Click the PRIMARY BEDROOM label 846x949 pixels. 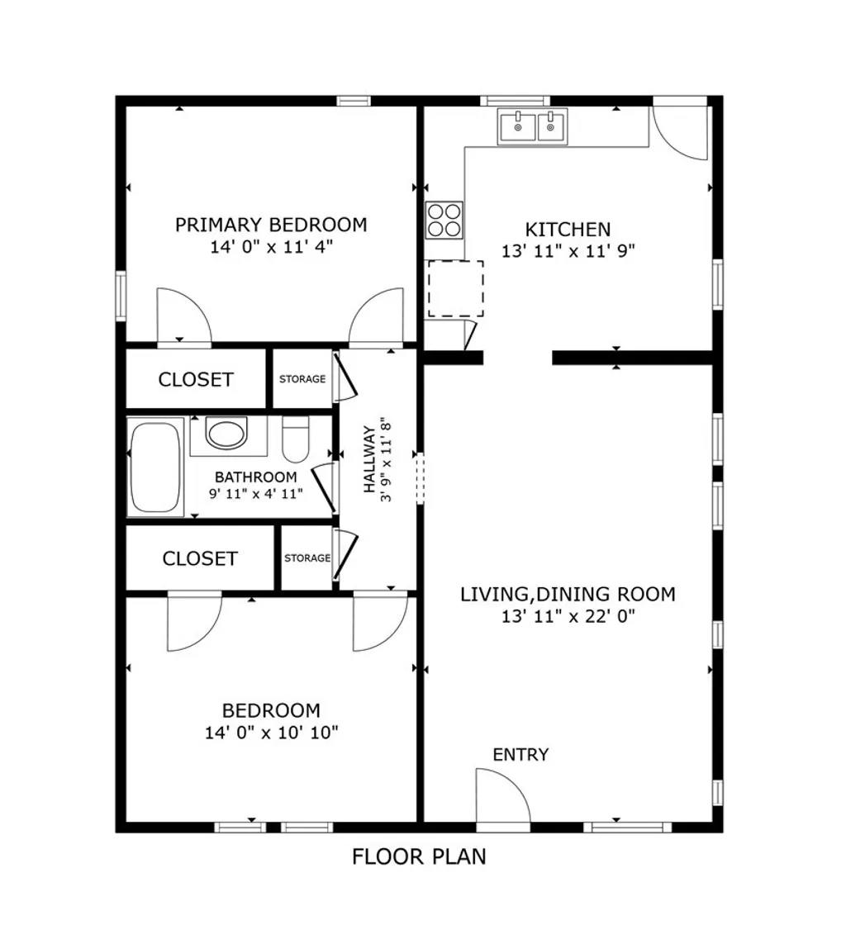click(x=271, y=224)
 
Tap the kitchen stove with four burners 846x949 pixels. click(x=444, y=220)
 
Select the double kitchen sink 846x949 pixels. click(x=532, y=127)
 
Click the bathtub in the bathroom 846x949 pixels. click(x=155, y=467)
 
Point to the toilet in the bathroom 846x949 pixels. click(x=295, y=440)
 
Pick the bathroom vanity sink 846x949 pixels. click(x=226, y=434)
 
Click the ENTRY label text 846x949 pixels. click(x=520, y=754)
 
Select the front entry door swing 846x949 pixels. click(x=501, y=796)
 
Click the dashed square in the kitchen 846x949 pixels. click(x=455, y=289)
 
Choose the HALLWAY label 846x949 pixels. click(x=368, y=458)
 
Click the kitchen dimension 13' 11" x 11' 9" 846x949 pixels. click(x=568, y=250)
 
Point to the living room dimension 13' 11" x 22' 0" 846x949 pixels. click(x=568, y=615)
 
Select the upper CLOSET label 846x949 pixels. click(x=196, y=380)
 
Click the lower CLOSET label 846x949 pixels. click(x=200, y=558)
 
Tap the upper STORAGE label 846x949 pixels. click(x=302, y=380)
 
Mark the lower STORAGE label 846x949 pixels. click(x=307, y=558)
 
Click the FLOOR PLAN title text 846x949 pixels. click(x=419, y=856)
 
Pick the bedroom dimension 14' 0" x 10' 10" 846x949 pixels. click(x=271, y=732)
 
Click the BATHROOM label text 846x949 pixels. click(x=255, y=477)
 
